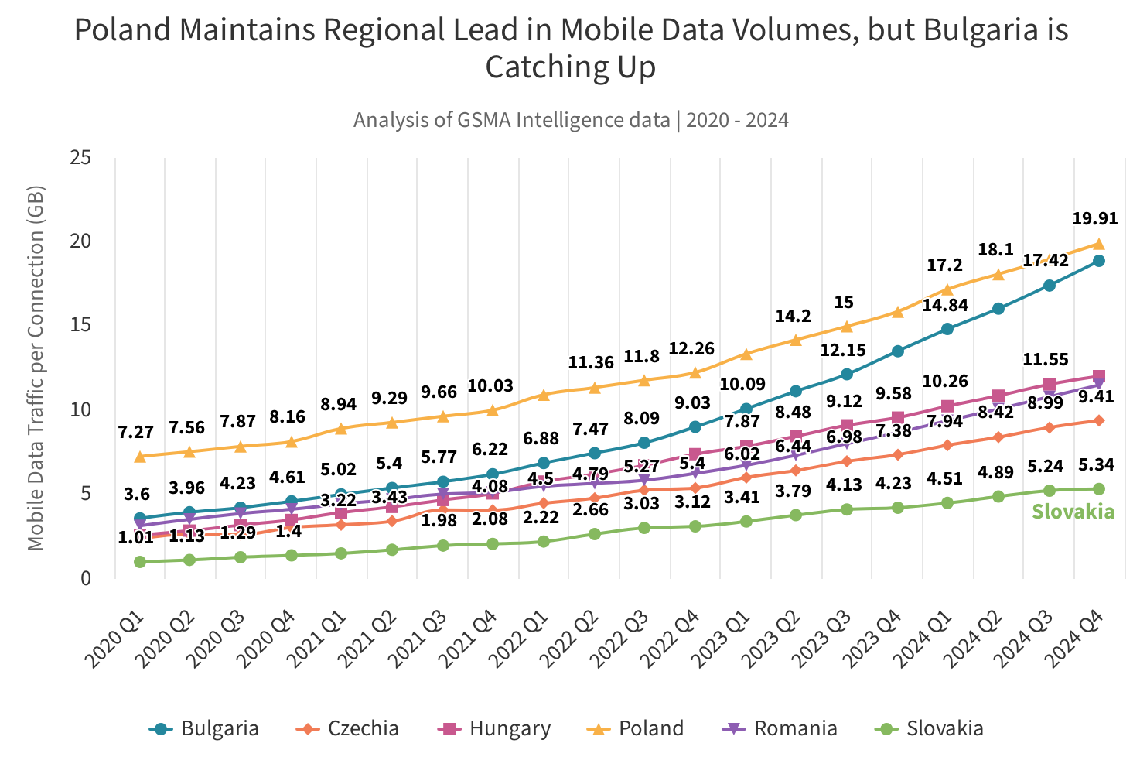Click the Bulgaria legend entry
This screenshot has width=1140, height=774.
click(204, 728)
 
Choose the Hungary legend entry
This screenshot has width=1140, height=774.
click(495, 728)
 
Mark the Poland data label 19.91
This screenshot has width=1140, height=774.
click(1094, 219)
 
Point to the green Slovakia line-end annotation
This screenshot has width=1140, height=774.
click(1073, 512)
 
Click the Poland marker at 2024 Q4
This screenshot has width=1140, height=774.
click(1098, 244)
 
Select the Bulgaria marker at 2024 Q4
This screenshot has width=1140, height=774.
click(1098, 261)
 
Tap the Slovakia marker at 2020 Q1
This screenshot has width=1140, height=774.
click(140, 562)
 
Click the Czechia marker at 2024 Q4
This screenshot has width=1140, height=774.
click(1098, 420)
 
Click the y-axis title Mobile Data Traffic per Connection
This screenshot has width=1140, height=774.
click(36, 368)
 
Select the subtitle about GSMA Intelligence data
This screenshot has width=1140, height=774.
click(571, 120)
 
